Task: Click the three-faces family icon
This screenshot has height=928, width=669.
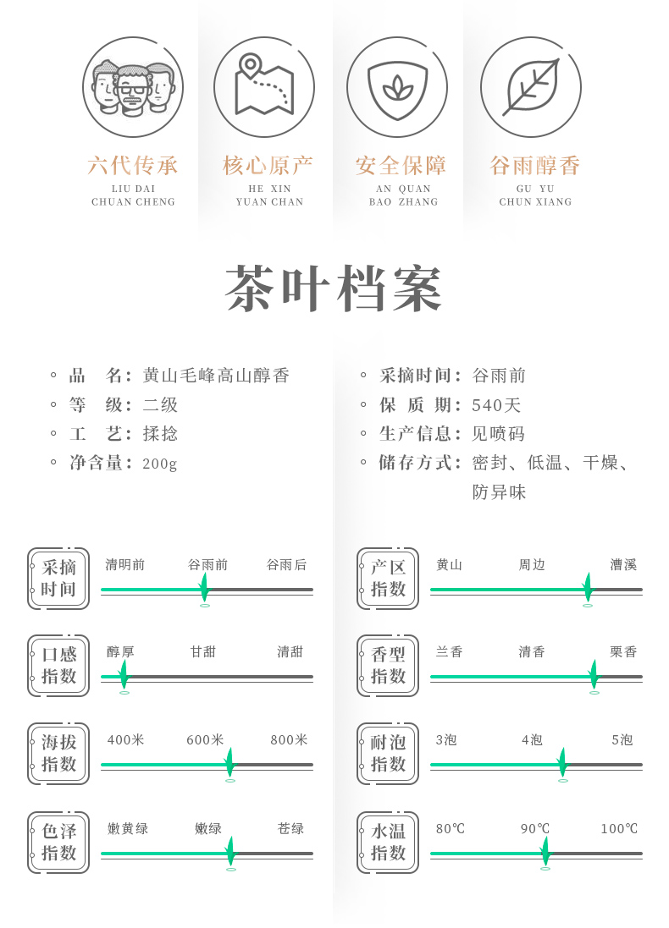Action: (133, 86)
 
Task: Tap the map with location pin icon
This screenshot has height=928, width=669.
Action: (263, 86)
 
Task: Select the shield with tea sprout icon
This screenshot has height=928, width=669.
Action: (396, 86)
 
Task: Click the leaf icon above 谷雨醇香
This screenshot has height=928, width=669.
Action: (530, 86)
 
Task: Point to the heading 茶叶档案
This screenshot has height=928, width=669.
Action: (334, 290)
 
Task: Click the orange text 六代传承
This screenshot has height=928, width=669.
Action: (133, 166)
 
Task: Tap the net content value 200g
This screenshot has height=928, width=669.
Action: (160, 464)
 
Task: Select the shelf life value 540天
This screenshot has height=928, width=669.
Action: (497, 405)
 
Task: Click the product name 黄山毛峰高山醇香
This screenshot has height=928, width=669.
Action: (216, 376)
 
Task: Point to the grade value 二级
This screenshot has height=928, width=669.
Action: (161, 405)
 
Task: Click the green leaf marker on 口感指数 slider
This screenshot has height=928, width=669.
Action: (124, 675)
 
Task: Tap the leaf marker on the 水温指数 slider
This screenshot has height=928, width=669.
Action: (545, 851)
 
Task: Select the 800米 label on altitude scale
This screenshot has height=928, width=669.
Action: (289, 740)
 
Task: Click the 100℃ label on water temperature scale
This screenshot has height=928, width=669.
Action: (619, 829)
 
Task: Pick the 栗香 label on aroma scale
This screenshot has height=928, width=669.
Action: (623, 652)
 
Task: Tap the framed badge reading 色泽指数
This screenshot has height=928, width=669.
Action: (58, 843)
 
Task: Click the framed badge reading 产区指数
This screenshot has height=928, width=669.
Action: (388, 579)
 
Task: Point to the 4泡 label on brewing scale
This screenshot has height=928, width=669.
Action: (532, 740)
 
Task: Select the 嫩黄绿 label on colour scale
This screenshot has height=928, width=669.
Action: (128, 829)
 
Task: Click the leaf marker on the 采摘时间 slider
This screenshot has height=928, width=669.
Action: (204, 587)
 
